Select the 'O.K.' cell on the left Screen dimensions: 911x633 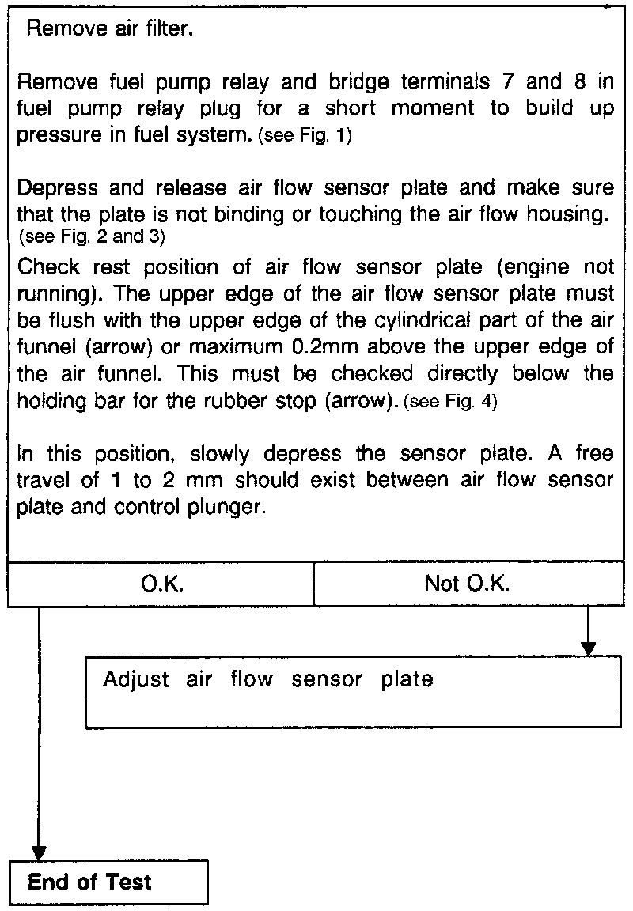coord(162,584)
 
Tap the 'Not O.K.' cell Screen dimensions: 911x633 coord(468,584)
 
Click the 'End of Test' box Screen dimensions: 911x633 coord(109,882)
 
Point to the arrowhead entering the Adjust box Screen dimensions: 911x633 coord(588,646)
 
